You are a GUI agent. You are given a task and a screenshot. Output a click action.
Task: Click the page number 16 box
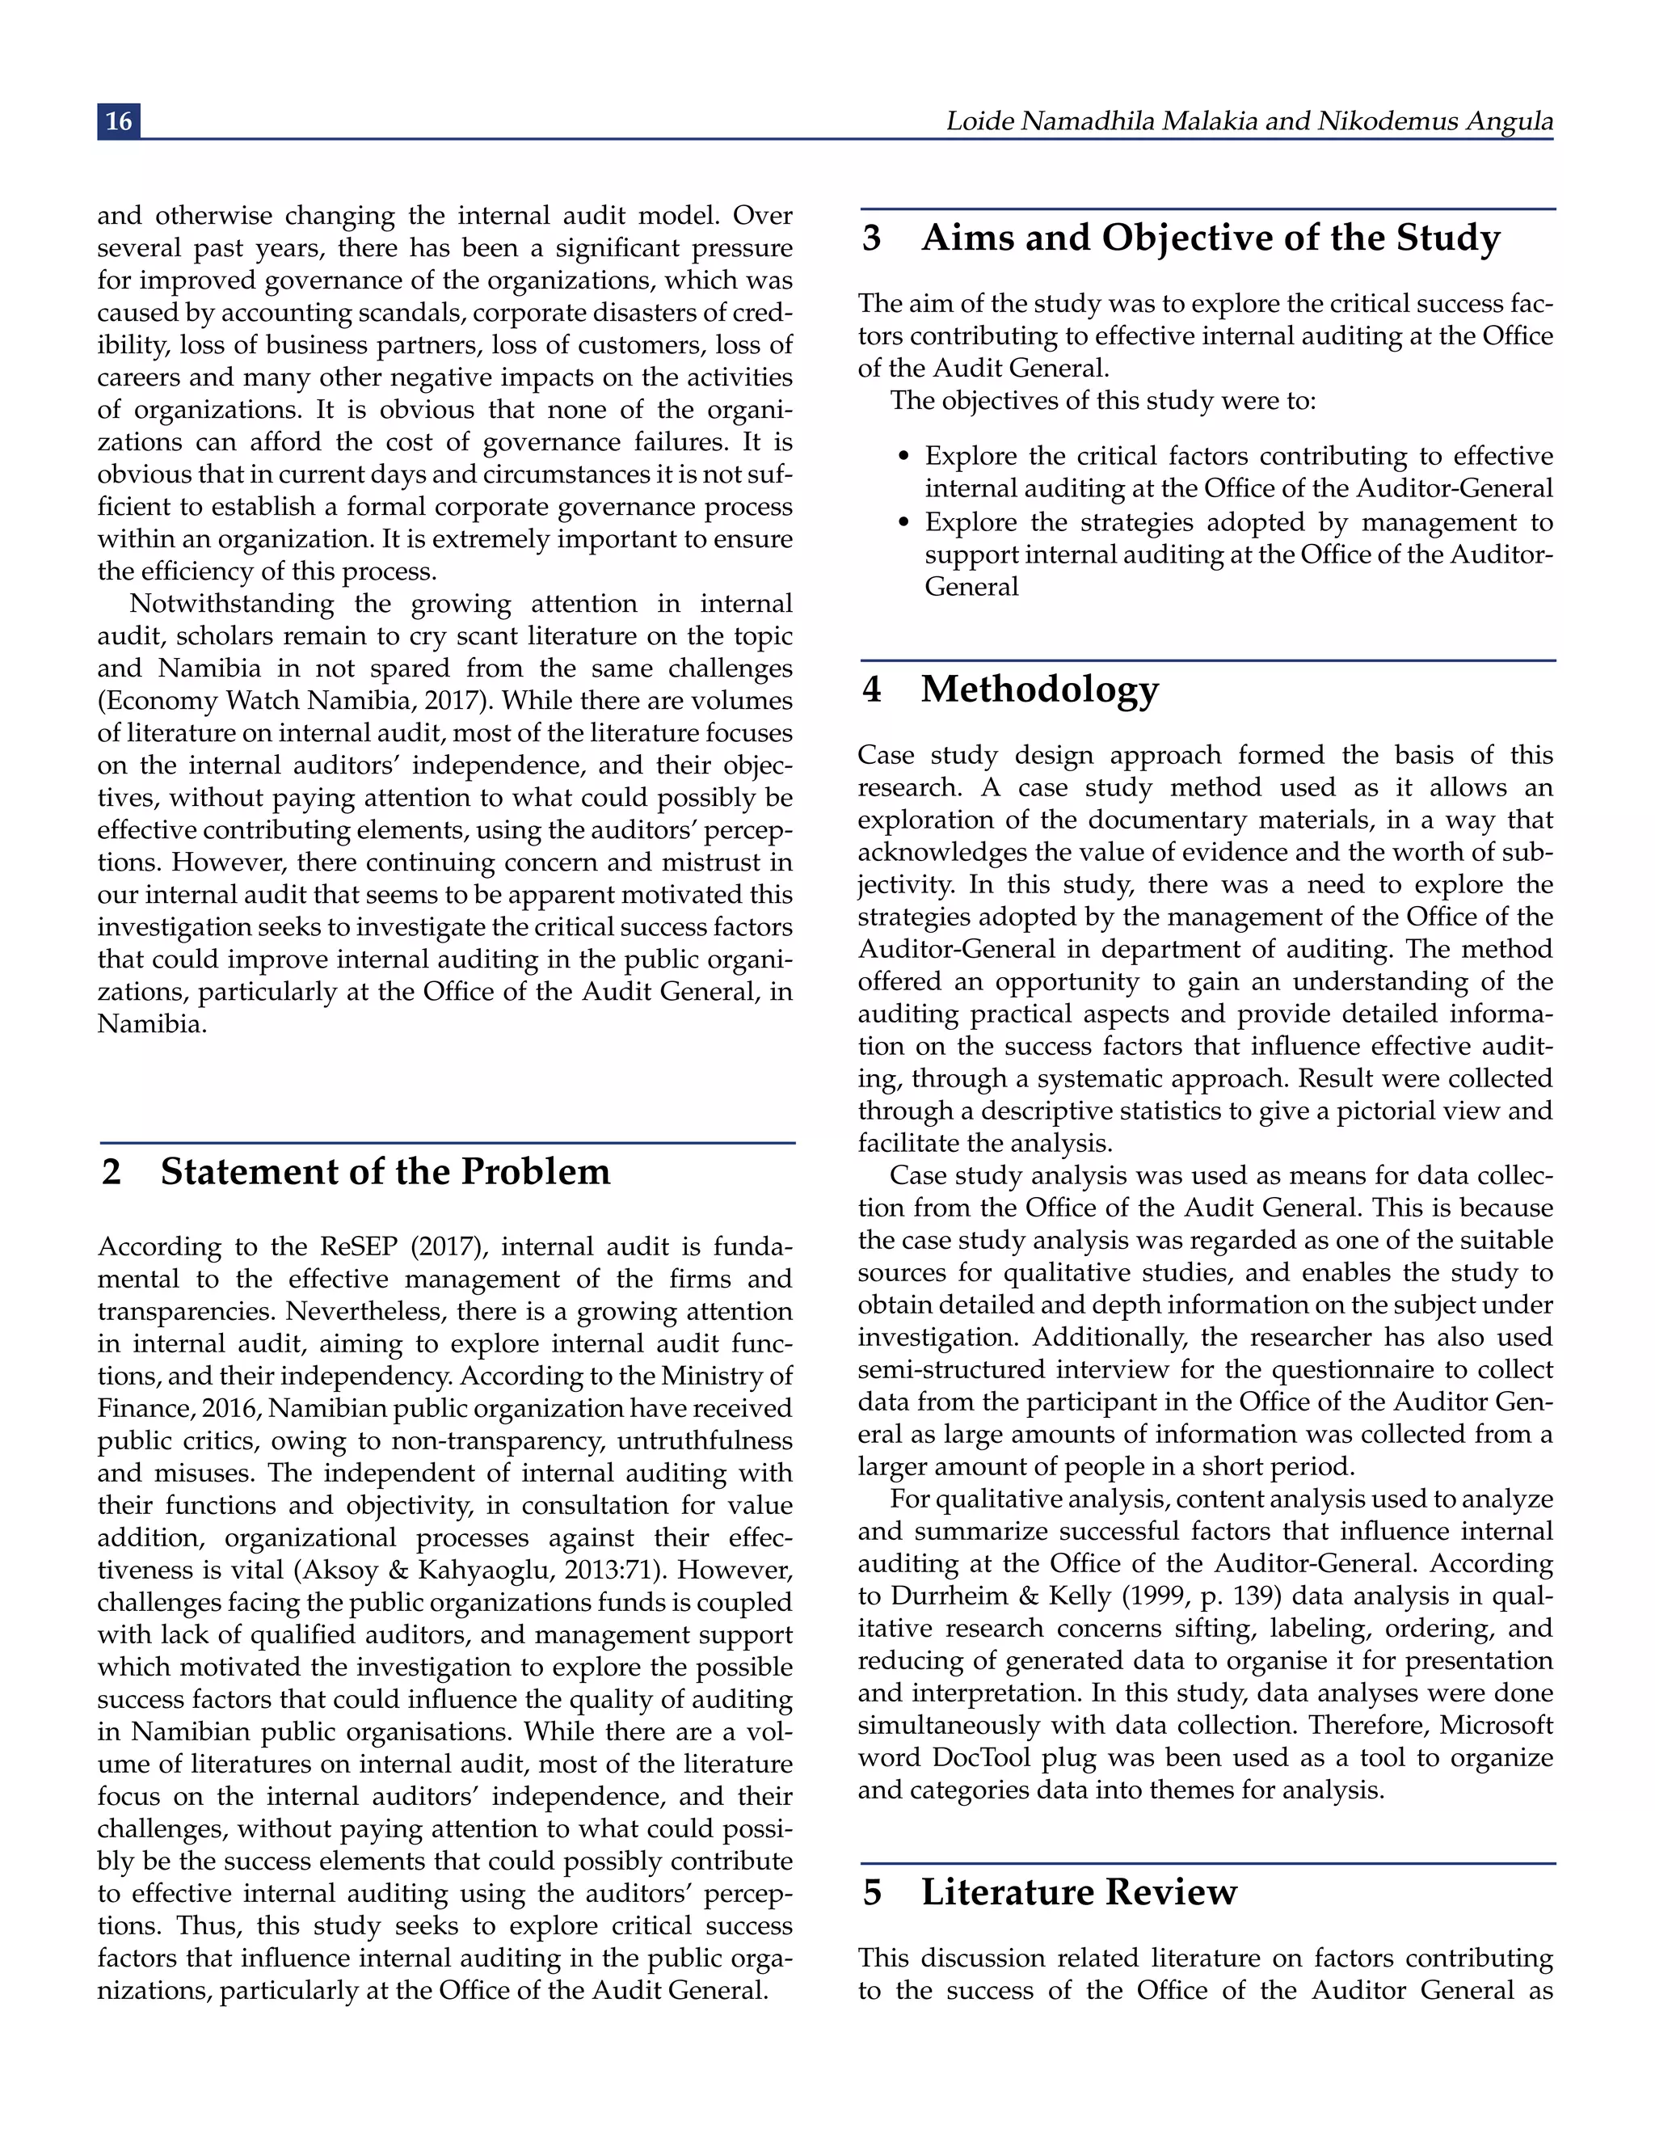[x=119, y=120]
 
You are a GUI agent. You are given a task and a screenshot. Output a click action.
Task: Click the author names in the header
[x=1248, y=120]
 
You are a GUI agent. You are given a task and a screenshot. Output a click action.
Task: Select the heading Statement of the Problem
[x=385, y=1171]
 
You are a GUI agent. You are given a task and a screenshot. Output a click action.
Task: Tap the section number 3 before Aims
[x=870, y=238]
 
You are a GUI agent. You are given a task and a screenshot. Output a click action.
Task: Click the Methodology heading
[x=1039, y=689]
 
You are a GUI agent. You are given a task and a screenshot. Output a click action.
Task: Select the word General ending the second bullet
[x=971, y=587]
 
